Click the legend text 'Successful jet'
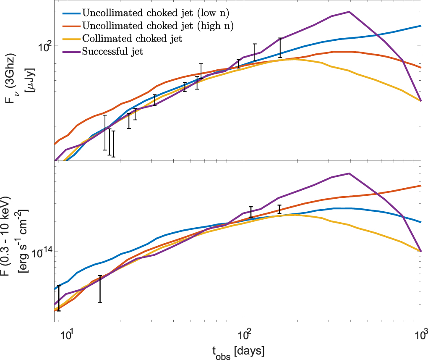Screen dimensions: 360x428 coord(113,52)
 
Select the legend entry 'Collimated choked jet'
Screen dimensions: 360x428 coord(132,39)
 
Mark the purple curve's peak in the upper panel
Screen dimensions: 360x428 coord(349,12)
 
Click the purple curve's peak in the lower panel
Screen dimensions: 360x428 coord(349,173)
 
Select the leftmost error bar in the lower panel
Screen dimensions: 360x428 coord(59,298)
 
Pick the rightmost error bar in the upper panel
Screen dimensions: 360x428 coord(280,48)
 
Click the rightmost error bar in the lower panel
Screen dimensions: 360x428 coord(279,209)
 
